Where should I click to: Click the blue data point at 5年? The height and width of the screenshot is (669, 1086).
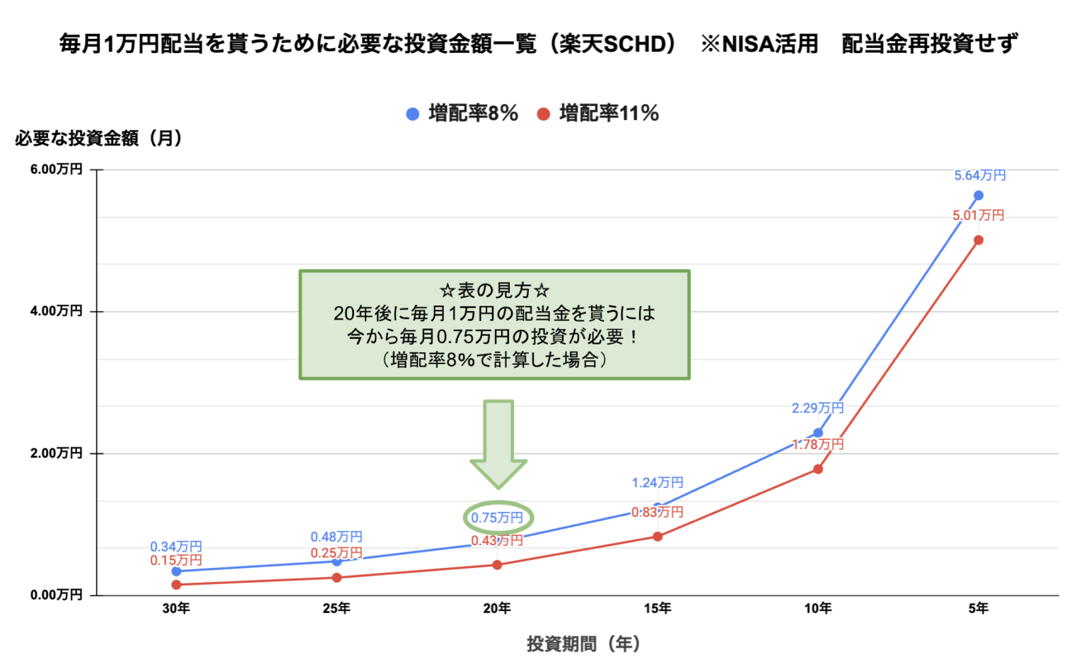[979, 196]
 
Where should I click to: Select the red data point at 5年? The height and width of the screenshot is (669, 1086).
[979, 240]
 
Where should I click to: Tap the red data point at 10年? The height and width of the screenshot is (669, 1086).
[818, 469]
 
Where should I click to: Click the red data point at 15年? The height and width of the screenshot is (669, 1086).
[658, 537]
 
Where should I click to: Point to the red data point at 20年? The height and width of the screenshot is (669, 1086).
[497, 565]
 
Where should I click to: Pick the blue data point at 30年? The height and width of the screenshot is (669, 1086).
[176, 571]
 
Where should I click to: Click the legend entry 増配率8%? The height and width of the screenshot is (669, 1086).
[463, 113]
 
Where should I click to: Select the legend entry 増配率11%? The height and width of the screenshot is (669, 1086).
[599, 113]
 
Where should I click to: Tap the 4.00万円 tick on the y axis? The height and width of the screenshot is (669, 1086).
[57, 311]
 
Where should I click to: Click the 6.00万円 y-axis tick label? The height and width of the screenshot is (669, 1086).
[57, 170]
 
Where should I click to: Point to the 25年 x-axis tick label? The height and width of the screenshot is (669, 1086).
[337, 609]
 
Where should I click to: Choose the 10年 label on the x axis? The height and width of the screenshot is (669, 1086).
[818, 609]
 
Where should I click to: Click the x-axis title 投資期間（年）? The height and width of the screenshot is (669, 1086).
[583, 644]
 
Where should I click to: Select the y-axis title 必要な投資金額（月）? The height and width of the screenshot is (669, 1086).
[99, 139]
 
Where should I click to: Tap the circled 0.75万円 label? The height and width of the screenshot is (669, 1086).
[498, 518]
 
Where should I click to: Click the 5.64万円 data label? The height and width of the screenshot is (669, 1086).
[979, 175]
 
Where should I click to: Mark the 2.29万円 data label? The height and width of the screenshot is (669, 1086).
[817, 408]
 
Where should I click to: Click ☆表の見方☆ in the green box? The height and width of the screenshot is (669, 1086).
[494, 291]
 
